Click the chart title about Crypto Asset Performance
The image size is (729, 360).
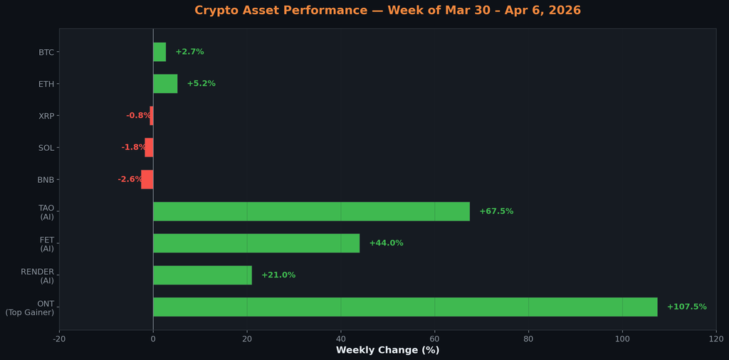387,11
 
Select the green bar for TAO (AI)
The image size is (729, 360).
311,211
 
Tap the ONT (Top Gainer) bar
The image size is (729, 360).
405,307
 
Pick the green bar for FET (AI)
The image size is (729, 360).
256,243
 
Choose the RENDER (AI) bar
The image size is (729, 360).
202,275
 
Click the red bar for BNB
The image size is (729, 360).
147,179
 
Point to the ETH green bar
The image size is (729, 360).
165,84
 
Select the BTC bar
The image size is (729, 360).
159,52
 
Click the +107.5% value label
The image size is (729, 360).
686,307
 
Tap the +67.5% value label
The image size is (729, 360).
496,211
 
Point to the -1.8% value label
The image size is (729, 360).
133,147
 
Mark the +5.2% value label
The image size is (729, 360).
201,84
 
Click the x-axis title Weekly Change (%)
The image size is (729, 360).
387,350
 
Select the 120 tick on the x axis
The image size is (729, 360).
716,338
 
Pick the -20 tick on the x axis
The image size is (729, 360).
59,338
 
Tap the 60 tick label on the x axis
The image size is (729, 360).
434,338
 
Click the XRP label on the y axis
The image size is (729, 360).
46,116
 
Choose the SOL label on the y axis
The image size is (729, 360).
46,148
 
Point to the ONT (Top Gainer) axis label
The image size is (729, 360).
30,308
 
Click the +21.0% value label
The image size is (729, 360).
278,275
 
